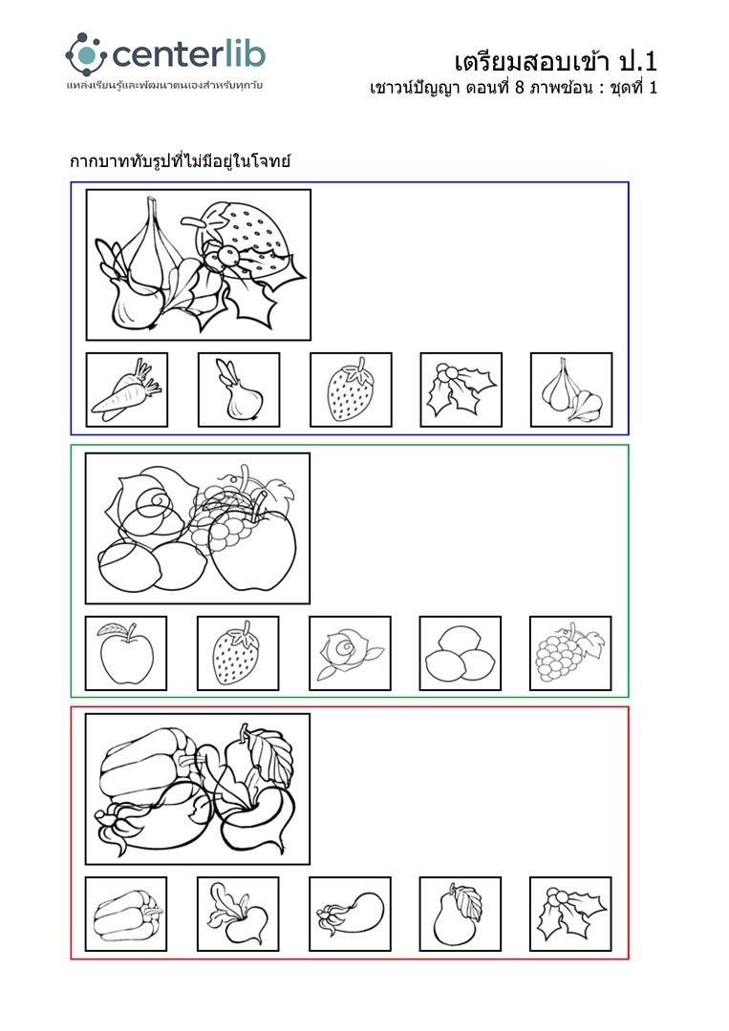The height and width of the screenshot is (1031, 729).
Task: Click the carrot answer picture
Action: point(127,389)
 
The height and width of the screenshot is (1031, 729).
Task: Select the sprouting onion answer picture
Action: point(239,389)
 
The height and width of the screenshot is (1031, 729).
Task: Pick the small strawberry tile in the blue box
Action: point(351,389)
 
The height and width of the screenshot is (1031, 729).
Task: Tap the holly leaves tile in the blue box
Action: point(461,389)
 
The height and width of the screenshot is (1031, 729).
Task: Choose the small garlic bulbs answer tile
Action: point(571,389)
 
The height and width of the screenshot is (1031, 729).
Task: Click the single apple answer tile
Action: point(126,653)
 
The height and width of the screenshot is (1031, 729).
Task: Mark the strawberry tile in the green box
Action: point(238,653)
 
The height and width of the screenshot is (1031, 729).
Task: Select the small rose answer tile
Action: point(350,653)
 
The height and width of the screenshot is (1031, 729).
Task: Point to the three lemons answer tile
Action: point(461,653)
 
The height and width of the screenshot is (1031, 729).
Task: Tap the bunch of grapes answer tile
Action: point(570,653)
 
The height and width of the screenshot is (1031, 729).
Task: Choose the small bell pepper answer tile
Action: point(126,914)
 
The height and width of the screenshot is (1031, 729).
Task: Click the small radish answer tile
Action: point(238,914)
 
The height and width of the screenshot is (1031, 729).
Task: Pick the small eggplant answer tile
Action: point(350,914)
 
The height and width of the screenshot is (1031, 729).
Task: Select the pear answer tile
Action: point(461,914)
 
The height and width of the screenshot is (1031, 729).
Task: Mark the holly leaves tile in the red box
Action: point(570,914)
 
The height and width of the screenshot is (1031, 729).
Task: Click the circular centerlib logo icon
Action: point(86,54)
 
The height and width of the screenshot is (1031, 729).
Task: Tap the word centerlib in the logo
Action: point(189,54)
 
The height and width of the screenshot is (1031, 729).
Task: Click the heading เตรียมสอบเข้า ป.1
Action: point(556,61)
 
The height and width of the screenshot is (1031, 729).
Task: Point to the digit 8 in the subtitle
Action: point(519,88)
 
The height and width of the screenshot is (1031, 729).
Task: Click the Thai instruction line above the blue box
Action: point(181,161)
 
